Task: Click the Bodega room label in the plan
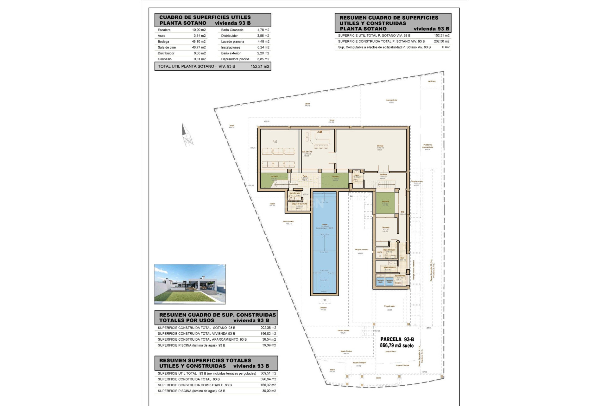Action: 380,146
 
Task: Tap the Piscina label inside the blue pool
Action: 325,225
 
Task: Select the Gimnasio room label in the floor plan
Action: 385,227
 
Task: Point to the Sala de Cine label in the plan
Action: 307,152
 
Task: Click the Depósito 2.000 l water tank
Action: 389,281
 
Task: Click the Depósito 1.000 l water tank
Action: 380,281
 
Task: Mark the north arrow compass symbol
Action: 187,135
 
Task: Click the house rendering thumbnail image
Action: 190,284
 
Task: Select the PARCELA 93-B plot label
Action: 397,339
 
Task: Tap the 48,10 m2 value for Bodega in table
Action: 199,42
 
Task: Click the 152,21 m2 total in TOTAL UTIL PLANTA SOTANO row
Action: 260,66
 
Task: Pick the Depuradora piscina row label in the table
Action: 235,59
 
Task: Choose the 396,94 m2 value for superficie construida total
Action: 268,379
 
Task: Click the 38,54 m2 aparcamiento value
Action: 269,339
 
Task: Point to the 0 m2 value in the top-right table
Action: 446,47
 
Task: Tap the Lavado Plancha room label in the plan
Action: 389,268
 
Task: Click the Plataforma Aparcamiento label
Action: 427,146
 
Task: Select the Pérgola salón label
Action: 389,306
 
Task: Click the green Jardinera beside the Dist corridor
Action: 385,203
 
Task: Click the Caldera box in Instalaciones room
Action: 398,283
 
